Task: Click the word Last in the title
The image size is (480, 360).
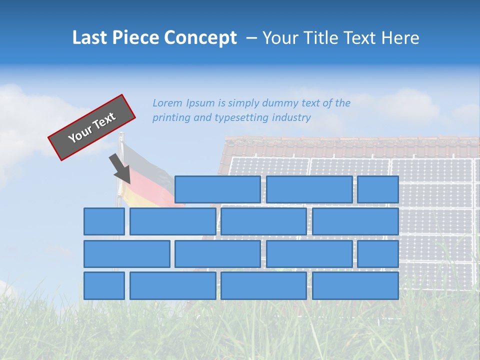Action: [89, 38]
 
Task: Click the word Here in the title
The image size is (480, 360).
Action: [400, 38]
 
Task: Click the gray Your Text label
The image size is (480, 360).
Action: [92, 127]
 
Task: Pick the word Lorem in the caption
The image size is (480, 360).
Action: [167, 103]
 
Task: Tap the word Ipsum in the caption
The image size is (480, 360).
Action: [200, 103]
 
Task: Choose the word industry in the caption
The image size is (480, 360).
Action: [291, 118]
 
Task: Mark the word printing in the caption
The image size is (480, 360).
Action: [171, 118]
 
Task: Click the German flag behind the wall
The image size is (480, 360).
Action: [150, 175]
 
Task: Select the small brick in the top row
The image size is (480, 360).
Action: [378, 189]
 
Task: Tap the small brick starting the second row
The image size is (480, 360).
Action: [104, 221]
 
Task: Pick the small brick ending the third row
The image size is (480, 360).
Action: [378, 253]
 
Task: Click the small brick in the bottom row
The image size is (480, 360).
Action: [104, 285]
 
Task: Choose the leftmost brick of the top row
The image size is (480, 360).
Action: [217, 189]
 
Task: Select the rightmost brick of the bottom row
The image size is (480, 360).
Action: [355, 285]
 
